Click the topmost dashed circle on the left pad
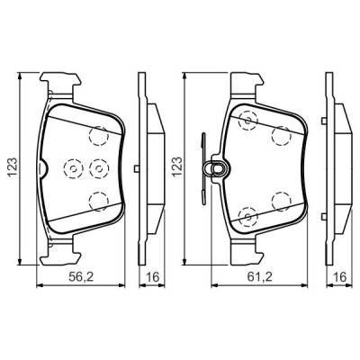pos(99,134)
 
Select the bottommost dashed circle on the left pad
pos(99,200)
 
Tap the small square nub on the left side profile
pos(136,167)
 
